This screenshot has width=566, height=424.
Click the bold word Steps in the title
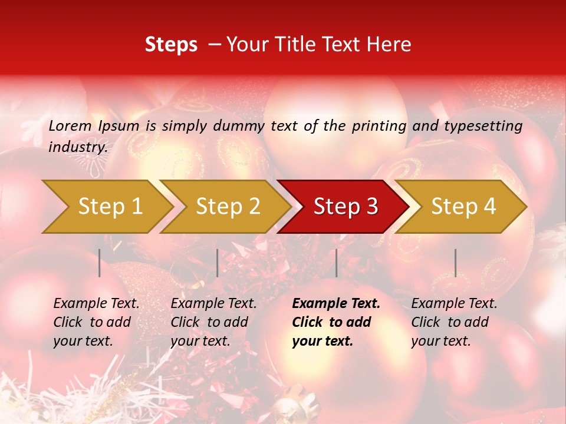171,45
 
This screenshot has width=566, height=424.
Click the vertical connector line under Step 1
100,263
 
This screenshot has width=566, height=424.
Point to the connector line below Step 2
218,263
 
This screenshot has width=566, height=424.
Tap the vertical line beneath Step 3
336,263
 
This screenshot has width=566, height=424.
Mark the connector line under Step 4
455,263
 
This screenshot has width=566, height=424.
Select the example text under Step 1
96,322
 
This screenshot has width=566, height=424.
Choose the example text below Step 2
213,322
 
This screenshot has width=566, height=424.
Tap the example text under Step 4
454,322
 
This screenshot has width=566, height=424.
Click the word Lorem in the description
70,125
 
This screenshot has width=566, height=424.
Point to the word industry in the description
77,147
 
